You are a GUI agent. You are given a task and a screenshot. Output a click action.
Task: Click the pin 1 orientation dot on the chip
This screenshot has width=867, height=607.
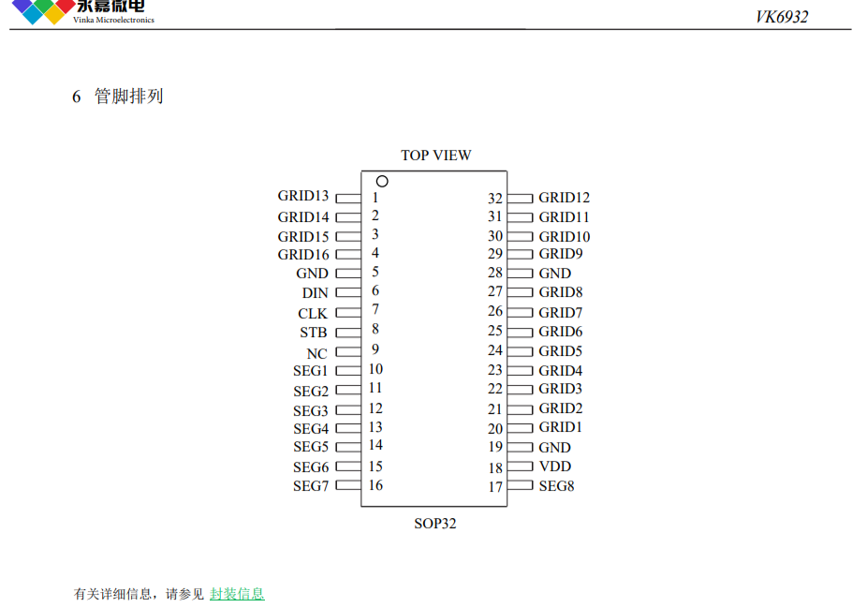[x=382, y=181]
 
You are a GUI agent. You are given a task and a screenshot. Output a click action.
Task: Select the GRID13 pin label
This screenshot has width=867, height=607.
[x=303, y=196]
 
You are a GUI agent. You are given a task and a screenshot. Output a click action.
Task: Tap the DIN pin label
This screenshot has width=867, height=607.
[x=316, y=292]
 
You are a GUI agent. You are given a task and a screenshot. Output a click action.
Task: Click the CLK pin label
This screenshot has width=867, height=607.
[x=313, y=314]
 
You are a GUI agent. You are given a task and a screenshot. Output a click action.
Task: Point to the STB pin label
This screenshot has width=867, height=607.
[x=314, y=333]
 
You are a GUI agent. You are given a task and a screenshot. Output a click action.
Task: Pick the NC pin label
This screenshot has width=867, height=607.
[x=316, y=353]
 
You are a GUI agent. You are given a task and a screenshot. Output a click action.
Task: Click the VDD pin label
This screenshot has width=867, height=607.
[x=555, y=466]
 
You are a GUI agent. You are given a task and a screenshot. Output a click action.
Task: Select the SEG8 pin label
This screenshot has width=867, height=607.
[x=557, y=486]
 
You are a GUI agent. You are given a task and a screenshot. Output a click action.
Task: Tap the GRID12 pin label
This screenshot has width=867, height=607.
[x=565, y=198]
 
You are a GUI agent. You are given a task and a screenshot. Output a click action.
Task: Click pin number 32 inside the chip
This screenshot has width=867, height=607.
[x=495, y=198]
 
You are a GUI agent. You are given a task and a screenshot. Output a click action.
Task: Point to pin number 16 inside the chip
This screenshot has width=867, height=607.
[x=376, y=485]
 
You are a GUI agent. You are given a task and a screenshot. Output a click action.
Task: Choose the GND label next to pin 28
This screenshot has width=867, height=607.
[x=555, y=274]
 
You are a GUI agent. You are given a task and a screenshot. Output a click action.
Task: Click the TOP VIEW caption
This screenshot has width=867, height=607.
[x=436, y=155]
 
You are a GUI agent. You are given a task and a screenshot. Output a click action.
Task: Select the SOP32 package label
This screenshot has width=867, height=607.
[x=435, y=524]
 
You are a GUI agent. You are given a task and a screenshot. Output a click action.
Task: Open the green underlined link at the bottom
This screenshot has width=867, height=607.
[x=237, y=594]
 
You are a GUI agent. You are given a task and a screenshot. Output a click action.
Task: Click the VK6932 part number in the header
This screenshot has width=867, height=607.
[x=782, y=17]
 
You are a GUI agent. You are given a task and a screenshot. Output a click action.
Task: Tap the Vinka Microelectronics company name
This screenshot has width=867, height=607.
[x=113, y=20]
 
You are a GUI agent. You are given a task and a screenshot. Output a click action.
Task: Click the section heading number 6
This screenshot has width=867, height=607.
[x=76, y=96]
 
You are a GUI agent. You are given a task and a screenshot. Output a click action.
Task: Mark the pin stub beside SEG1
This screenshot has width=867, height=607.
[x=348, y=371]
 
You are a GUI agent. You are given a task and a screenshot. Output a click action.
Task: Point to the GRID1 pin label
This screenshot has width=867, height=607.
[x=561, y=427]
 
